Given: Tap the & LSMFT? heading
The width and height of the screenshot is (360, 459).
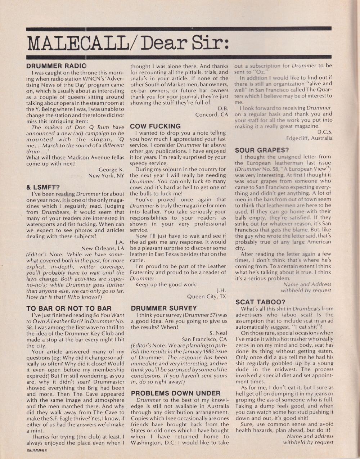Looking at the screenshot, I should [43, 187].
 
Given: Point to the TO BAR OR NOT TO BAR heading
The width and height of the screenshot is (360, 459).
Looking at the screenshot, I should [69, 308].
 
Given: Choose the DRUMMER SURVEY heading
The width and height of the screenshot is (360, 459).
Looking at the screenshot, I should [164, 308].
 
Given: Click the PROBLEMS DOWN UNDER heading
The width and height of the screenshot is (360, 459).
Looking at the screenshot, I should [175, 393].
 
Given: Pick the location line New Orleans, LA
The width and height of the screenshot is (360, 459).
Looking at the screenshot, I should [103, 248].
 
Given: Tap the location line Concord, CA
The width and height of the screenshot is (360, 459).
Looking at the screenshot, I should [212, 114].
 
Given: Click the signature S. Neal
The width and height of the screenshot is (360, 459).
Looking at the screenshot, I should [218, 333].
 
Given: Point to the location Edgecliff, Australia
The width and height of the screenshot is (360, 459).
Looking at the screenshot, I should [309, 138].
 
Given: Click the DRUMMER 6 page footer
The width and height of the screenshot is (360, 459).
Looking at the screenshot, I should [37, 450].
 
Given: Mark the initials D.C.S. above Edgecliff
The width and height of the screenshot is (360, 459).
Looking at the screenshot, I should [325, 132].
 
